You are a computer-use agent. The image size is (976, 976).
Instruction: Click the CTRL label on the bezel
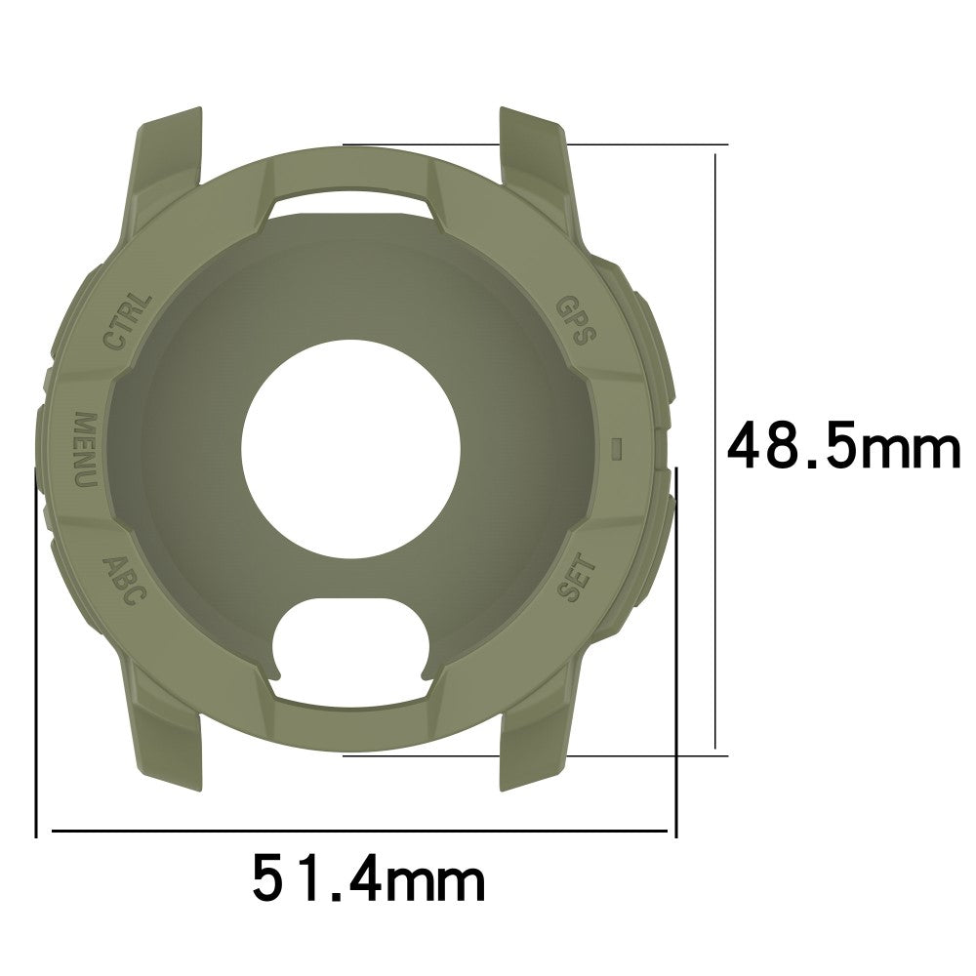pyautogui.click(x=128, y=322)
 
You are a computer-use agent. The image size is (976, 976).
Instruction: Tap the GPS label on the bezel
pyautogui.click(x=576, y=320)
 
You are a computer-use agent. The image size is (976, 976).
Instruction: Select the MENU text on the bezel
pyautogui.click(x=86, y=449)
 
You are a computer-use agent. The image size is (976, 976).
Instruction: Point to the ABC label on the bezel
pyautogui.click(x=125, y=581)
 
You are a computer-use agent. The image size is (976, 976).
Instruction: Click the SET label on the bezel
pyautogui.click(x=577, y=578)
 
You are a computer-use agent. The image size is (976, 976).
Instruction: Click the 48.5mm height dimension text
pyautogui.click(x=844, y=445)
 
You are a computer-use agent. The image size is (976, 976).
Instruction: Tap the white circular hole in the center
pyautogui.click(x=350, y=449)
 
